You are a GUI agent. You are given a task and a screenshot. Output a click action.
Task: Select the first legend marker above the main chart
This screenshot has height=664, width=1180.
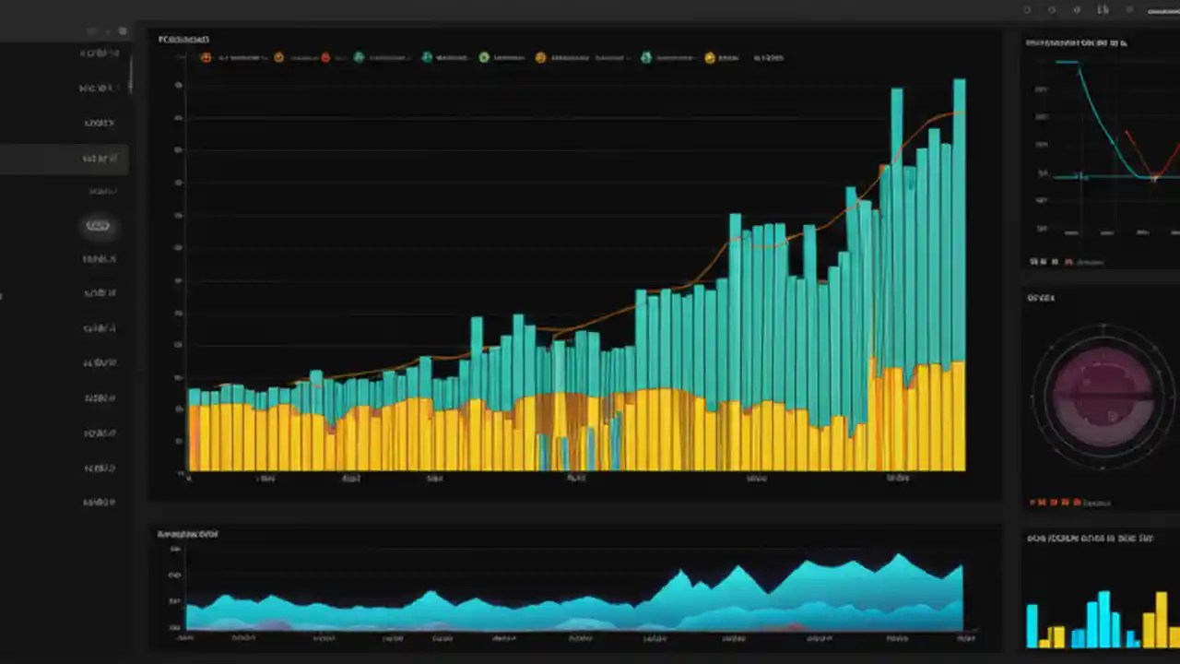[x=206, y=57]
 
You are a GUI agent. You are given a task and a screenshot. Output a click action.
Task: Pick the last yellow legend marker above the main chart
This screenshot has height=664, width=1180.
[x=710, y=57]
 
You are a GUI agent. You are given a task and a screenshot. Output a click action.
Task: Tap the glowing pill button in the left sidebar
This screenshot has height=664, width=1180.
[x=98, y=226]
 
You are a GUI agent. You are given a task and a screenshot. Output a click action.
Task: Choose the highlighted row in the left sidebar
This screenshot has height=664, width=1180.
[x=64, y=159]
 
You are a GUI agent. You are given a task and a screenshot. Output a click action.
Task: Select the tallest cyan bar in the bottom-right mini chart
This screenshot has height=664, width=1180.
[x=1103, y=619]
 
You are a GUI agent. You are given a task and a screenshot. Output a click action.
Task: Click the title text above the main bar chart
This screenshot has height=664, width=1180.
[x=183, y=40]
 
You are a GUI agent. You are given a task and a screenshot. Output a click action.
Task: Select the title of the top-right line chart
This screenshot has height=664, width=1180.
[x=1076, y=42]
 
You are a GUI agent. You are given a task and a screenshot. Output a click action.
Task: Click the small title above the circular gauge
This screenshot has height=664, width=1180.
[x=1041, y=298]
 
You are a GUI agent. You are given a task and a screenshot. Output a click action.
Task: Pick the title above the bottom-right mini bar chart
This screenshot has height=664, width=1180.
[x=1090, y=538]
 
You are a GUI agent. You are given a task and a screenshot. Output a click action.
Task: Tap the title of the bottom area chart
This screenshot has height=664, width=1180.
[x=187, y=534]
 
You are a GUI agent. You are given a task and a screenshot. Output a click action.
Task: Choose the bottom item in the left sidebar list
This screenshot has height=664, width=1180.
[x=99, y=503]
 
